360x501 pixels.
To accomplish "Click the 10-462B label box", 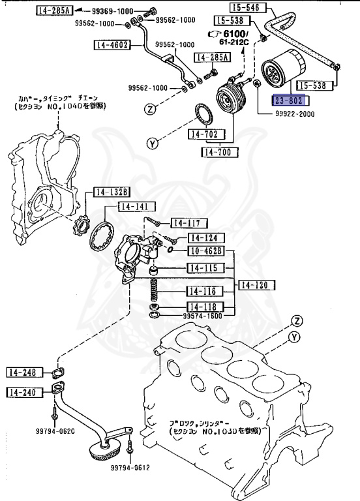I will [x=206, y=251].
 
